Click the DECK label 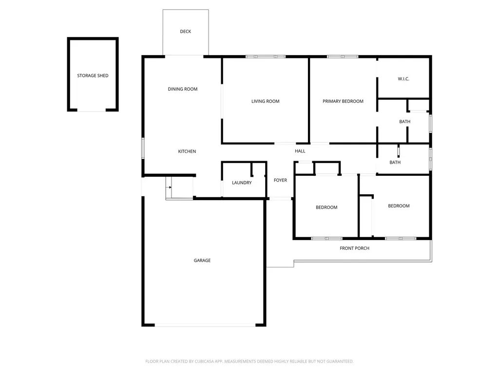[x=186, y=32]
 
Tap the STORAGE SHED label [x=93, y=75]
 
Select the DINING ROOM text [x=183, y=89]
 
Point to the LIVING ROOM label [x=266, y=101]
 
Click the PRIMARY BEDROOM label [x=343, y=101]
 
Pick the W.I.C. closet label [x=403, y=79]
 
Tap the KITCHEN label [x=187, y=151]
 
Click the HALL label [x=300, y=151]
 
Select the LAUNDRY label [x=242, y=183]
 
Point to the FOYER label [x=280, y=180]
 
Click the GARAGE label [x=202, y=261]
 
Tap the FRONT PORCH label [x=355, y=248]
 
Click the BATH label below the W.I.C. [x=405, y=121]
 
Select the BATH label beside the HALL [x=395, y=162]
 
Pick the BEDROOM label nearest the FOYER [x=326, y=207]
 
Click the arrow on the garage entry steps [x=169, y=187]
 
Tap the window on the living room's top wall [x=266, y=56]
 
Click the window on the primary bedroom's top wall [x=343, y=56]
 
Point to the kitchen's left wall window [x=143, y=148]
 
